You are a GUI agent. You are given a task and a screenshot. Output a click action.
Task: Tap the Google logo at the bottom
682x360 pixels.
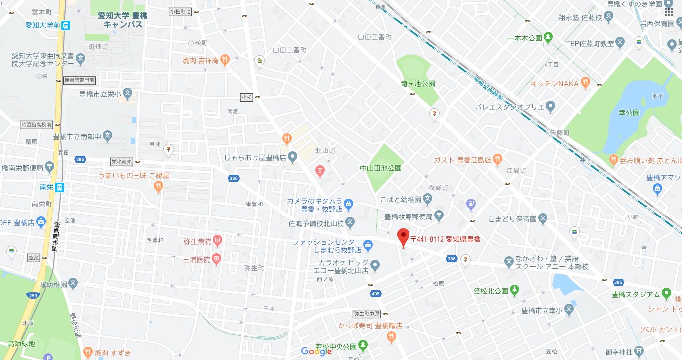[316, 351]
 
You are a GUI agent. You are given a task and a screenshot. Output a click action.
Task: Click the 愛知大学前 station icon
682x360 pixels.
[66, 25]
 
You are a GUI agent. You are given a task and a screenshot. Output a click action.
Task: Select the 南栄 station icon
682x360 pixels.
[59, 187]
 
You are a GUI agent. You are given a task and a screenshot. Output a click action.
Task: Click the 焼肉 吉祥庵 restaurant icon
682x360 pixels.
[225, 61]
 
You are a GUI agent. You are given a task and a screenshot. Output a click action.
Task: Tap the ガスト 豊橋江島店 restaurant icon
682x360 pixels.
[498, 159]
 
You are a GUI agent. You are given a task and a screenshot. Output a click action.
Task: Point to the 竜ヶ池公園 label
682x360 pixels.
[418, 84]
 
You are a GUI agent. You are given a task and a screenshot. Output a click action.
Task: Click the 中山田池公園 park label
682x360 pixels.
[380, 168]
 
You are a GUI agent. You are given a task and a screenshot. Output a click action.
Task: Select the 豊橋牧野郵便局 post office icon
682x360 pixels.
[439, 216]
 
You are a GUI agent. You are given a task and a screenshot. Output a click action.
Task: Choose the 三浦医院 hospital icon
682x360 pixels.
[216, 258]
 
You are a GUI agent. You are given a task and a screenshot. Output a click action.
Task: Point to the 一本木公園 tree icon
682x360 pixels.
[548, 37]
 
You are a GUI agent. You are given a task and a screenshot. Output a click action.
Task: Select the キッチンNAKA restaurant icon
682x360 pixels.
[586, 83]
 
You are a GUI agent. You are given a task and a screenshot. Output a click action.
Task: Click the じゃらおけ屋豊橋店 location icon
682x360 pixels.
[293, 157]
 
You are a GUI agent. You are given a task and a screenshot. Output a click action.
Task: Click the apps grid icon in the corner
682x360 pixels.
[669, 12]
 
